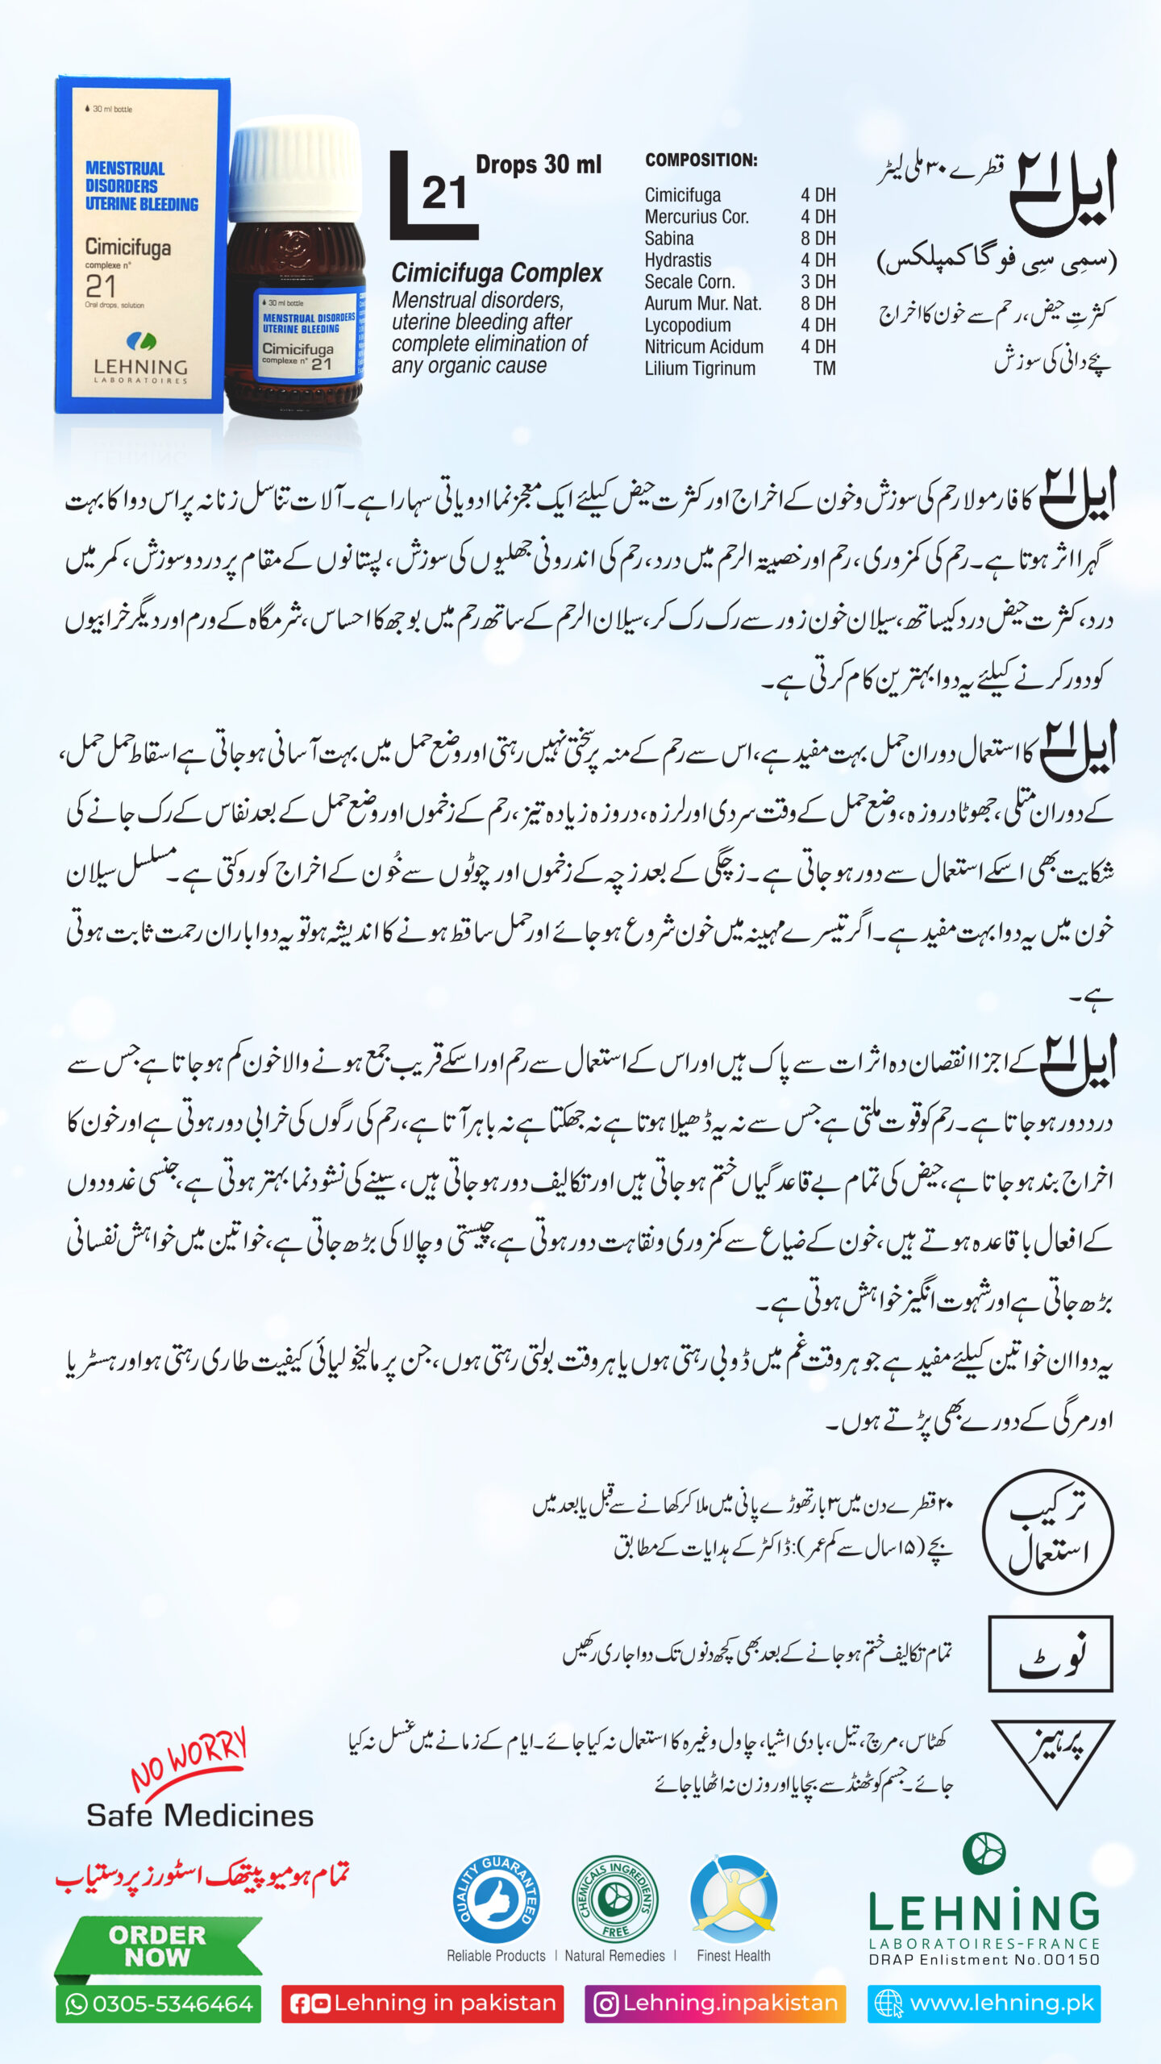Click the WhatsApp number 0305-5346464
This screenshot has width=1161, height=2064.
click(159, 2004)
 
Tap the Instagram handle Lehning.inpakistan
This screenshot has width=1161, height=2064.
click(715, 2004)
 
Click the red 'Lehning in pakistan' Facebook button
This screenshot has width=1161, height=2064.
click(422, 2004)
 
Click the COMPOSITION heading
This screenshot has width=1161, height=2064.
click(701, 160)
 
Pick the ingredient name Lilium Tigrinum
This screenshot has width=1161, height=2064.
click(700, 368)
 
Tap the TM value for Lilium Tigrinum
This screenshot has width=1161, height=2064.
click(824, 368)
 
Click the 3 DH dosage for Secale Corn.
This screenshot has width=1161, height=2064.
click(818, 281)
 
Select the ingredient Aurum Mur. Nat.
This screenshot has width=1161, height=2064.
click(702, 303)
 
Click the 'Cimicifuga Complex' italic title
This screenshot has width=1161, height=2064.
click(497, 273)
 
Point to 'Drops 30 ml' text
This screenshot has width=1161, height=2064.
click(539, 164)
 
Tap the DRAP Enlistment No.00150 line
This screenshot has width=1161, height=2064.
click(984, 1959)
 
